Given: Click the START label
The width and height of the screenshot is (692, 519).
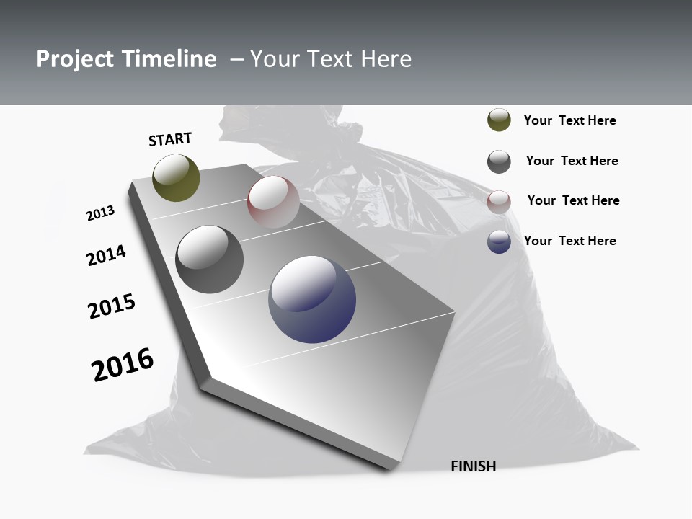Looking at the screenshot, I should click(x=170, y=139).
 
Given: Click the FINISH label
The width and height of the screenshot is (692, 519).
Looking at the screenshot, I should click(x=473, y=466).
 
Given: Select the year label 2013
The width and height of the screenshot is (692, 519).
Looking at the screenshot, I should click(x=101, y=213).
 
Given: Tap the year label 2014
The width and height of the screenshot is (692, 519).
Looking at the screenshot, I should click(x=107, y=255).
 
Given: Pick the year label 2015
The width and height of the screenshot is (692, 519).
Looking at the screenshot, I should click(x=112, y=306).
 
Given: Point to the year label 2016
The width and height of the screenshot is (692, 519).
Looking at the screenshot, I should click(x=123, y=365).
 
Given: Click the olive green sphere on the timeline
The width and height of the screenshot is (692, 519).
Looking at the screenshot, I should click(x=176, y=177).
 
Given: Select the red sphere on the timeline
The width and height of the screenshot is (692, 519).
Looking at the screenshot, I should click(x=273, y=202).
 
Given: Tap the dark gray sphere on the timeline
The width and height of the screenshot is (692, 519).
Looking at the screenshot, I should click(x=209, y=259).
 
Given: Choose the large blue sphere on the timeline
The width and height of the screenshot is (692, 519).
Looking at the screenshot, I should click(x=312, y=299).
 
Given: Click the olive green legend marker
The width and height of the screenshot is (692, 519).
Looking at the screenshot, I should click(x=499, y=120).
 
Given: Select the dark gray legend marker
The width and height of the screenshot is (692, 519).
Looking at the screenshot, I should click(x=499, y=161).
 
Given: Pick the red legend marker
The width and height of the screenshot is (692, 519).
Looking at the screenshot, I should click(x=499, y=201).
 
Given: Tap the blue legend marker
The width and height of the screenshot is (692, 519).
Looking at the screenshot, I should click(x=499, y=241).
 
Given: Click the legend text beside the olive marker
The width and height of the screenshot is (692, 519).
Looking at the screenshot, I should click(x=569, y=120).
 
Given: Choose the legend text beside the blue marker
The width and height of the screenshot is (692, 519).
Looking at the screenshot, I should click(x=569, y=241).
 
